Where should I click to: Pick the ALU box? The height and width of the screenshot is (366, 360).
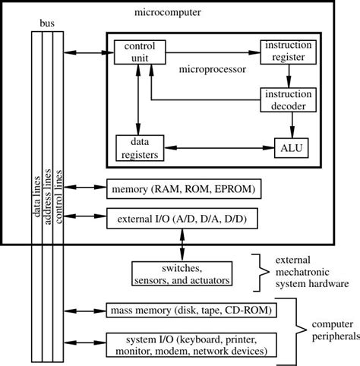(292, 147)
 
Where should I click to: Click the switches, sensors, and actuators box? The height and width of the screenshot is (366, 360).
(182, 275)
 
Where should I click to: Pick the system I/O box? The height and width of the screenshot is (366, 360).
(189, 345)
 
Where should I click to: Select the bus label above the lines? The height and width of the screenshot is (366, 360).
(46, 24)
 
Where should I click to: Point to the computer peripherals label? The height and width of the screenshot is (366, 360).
(332, 328)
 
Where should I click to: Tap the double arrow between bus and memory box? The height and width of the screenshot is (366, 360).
(84, 188)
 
